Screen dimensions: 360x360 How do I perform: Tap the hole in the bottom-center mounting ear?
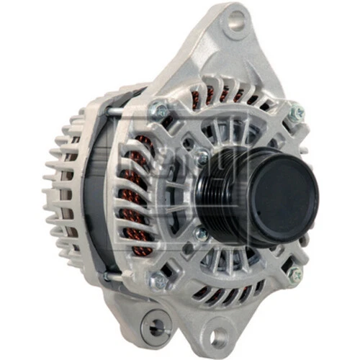[x=217, y=333]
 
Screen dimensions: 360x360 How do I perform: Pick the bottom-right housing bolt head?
[x=294, y=274]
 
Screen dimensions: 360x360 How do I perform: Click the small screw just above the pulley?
[x=204, y=155]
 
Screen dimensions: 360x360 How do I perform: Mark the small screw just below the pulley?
[x=204, y=232]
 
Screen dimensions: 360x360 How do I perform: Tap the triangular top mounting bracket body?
[x=216, y=50]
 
